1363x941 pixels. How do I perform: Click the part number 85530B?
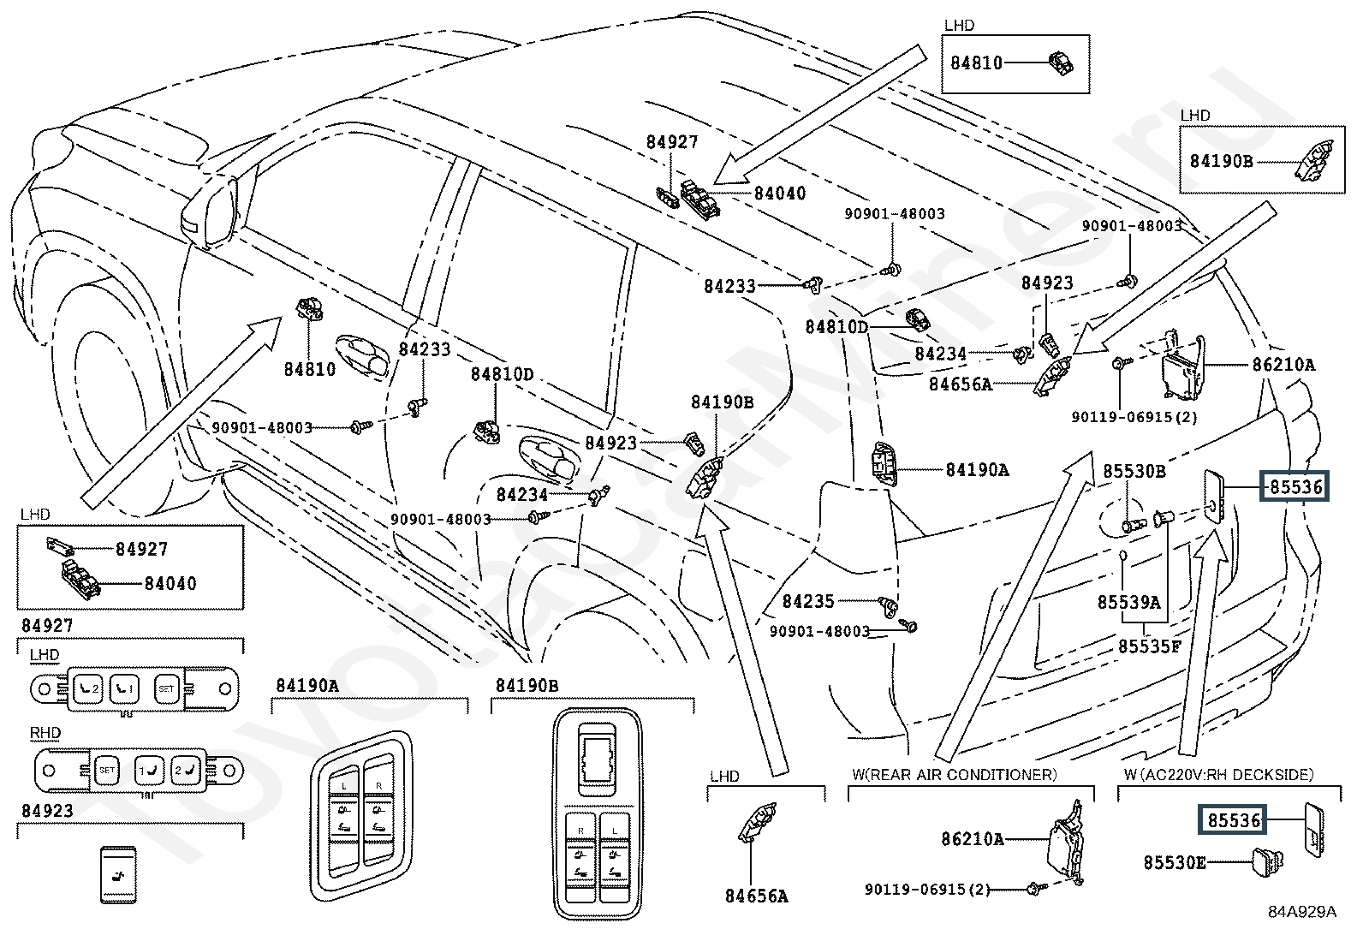click(x=1134, y=472)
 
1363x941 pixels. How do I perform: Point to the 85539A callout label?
click(x=1128, y=603)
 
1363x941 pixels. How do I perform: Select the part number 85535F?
click(x=1149, y=647)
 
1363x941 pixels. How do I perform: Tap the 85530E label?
click(x=1174, y=863)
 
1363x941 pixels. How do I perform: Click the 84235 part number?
click(x=808, y=602)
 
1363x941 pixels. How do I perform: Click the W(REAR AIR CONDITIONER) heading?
click(x=954, y=775)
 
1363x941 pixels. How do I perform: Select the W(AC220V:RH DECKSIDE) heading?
click(x=1218, y=775)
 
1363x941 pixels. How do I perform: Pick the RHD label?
click(x=45, y=734)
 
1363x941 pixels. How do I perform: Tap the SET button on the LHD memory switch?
click(x=165, y=688)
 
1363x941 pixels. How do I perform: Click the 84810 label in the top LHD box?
click(x=976, y=63)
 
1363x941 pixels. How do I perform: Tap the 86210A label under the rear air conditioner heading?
click(x=973, y=840)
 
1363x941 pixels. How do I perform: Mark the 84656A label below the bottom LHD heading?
click(x=756, y=896)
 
